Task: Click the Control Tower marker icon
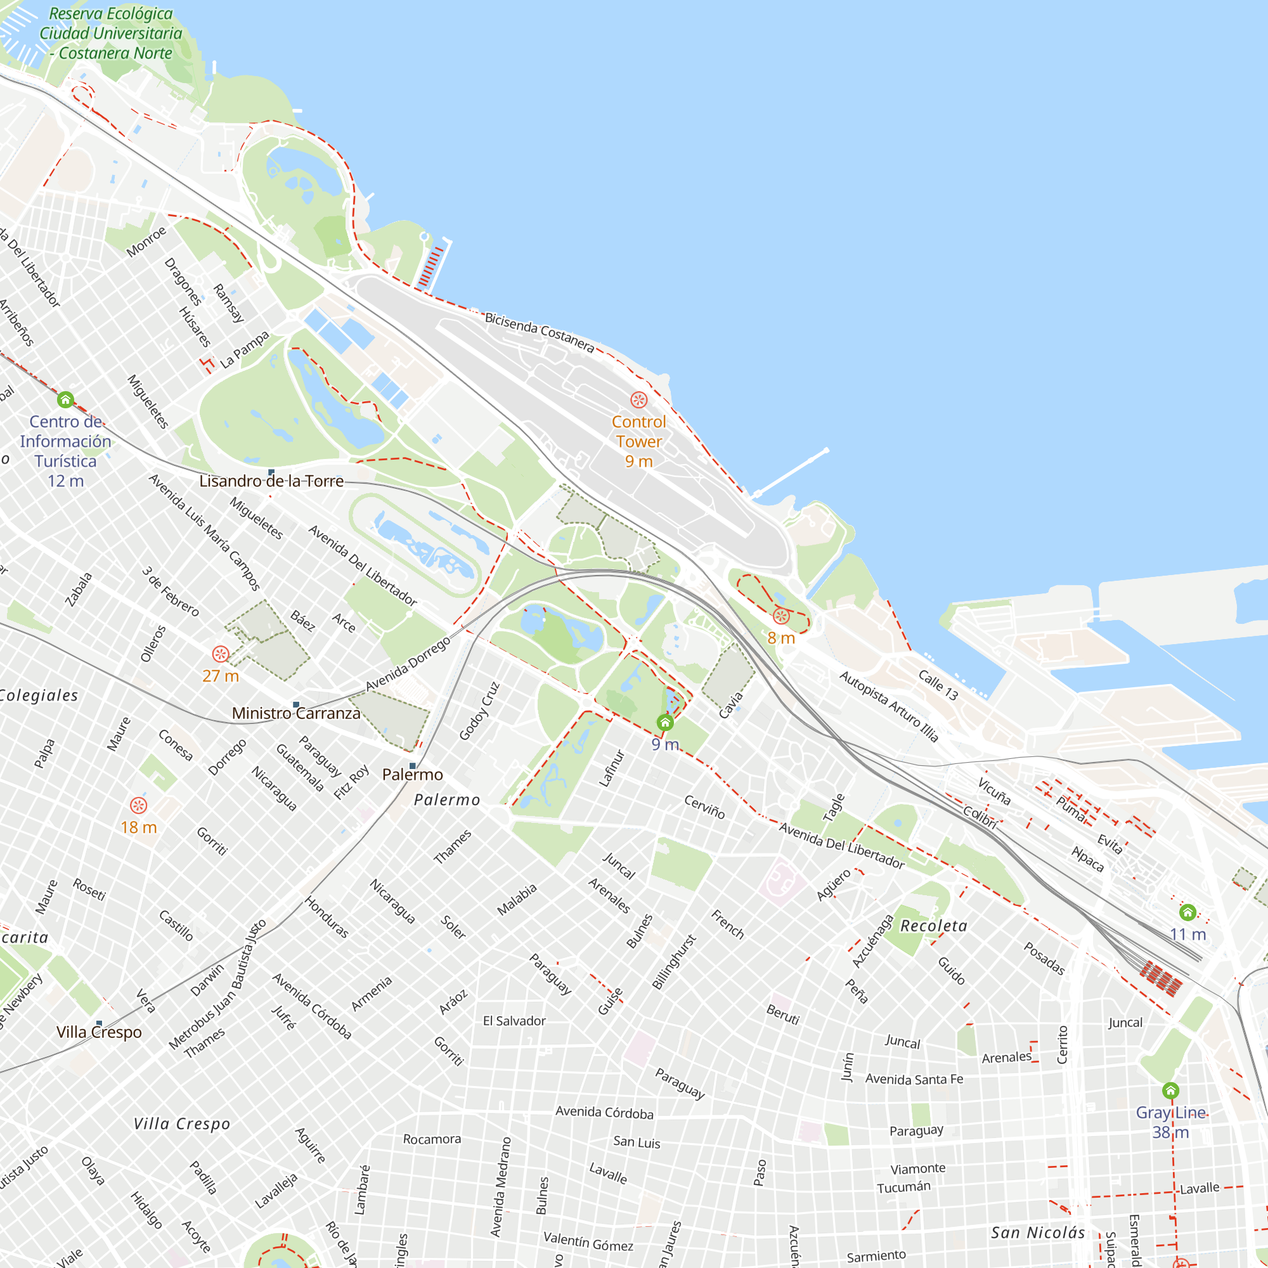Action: (638, 399)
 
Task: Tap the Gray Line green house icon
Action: (1170, 1090)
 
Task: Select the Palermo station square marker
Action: (412, 766)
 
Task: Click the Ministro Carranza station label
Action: (296, 713)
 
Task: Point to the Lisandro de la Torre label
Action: (271, 481)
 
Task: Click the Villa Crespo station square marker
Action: (99, 1023)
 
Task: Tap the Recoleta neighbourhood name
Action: (933, 926)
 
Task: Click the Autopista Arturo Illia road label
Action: (889, 706)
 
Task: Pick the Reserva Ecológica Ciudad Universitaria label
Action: (110, 33)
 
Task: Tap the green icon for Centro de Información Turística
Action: (65, 399)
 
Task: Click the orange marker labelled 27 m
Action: (221, 654)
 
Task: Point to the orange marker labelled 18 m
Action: (138, 805)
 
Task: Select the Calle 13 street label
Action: (938, 685)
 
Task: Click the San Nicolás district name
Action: (1038, 1232)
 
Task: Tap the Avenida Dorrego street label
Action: (408, 664)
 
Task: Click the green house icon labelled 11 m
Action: (1187, 912)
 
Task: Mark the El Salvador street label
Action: (514, 1021)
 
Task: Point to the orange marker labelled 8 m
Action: (780, 616)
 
